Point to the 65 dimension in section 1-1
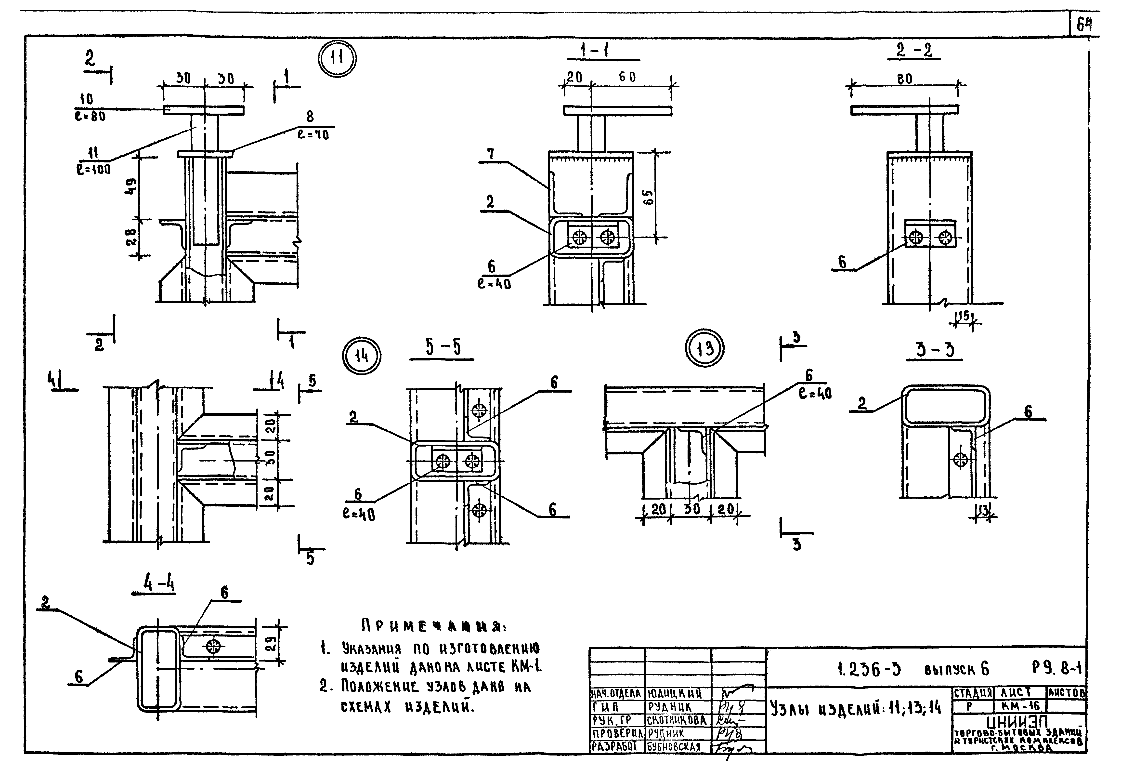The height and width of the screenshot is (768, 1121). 649,196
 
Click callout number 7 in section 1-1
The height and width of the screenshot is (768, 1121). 490,154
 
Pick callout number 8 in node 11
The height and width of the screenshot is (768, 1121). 310,116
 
